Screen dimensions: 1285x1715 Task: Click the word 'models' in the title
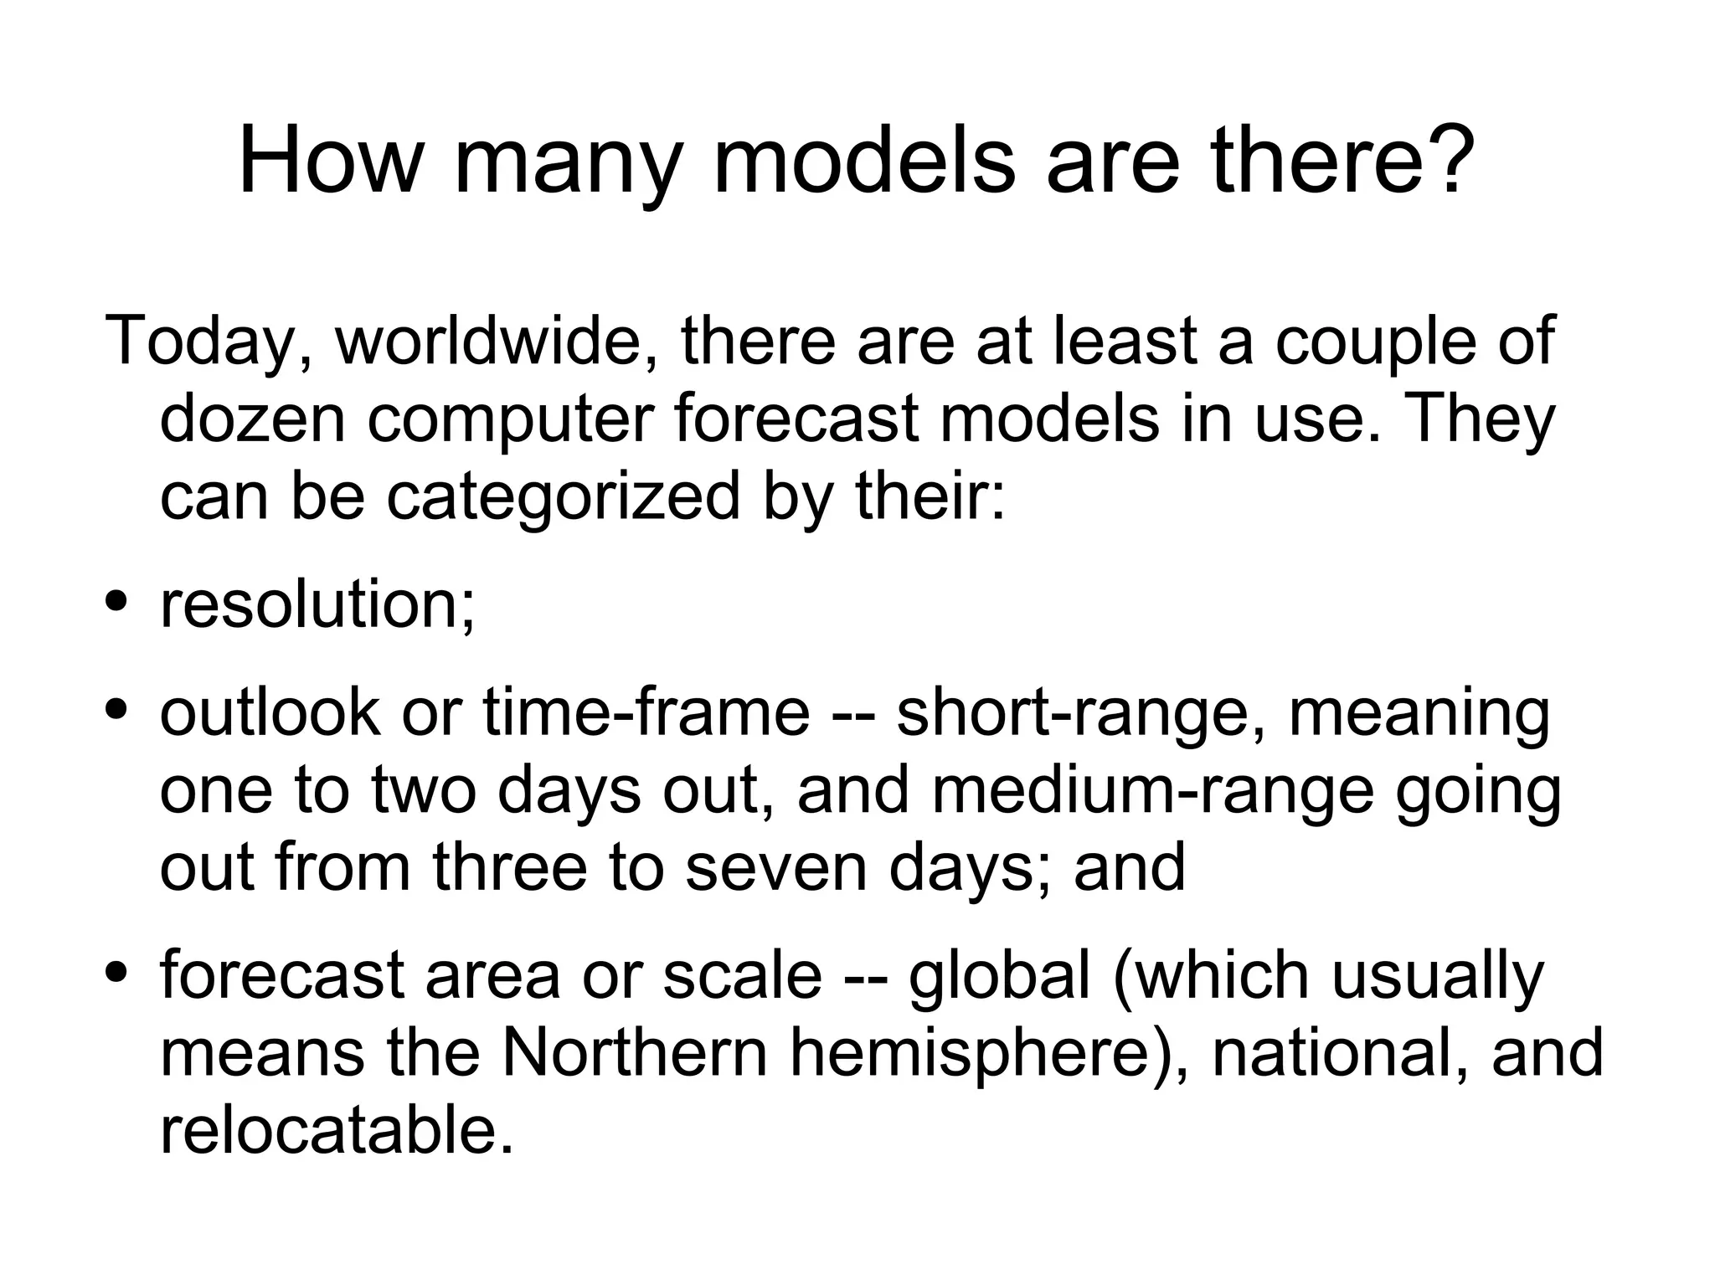863,161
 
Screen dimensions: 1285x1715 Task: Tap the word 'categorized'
563,496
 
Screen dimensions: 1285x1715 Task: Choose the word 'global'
1000,975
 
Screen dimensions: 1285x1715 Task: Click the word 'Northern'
634,1052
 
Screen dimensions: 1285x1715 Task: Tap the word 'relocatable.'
337,1129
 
